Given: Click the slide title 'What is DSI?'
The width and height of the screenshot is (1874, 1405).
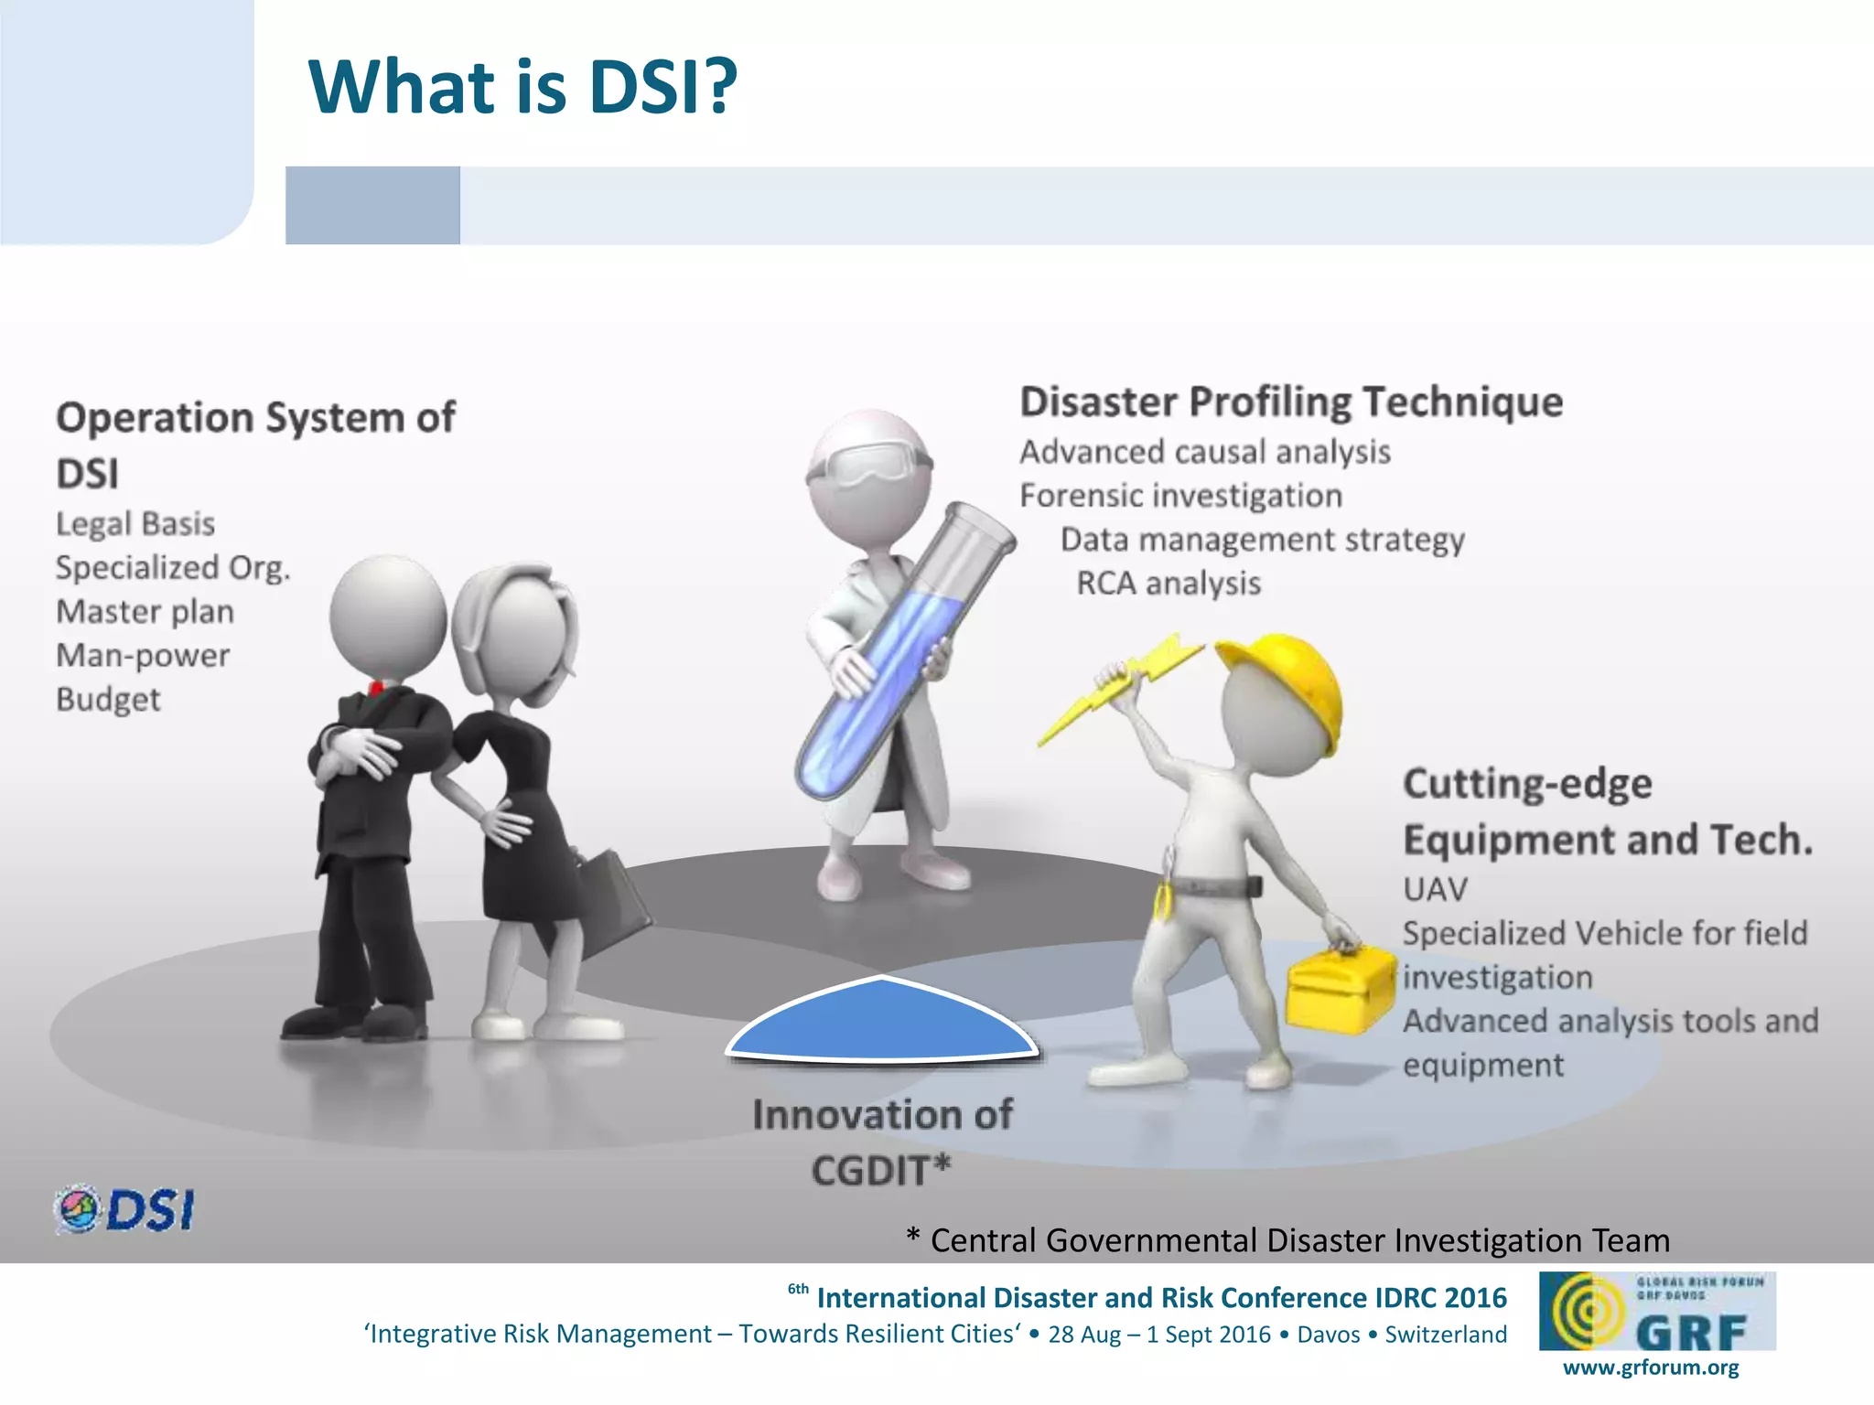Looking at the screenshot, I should (522, 87).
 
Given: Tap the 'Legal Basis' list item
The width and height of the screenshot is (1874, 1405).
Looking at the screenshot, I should (135, 524).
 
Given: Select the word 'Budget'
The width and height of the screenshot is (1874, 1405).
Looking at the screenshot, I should (108, 700).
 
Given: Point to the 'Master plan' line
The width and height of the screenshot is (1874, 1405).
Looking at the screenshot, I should (145, 612).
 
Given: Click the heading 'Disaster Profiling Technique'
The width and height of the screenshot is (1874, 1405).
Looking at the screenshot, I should (1291, 402).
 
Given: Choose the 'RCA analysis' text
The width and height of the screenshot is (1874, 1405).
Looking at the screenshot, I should (1169, 584).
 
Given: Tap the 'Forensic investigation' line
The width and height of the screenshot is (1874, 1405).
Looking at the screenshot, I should (1180, 496).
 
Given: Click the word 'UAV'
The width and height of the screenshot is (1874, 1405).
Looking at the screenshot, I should (1435, 889).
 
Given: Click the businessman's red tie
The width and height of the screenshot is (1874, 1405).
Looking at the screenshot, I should (375, 689).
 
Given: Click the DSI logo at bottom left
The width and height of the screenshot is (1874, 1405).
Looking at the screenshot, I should (124, 1209).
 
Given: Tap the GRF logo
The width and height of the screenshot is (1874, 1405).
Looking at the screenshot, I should (1657, 1311).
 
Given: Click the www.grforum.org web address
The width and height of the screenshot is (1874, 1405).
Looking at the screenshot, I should (1651, 1367).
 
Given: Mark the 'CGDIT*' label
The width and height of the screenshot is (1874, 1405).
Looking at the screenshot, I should (881, 1171).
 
